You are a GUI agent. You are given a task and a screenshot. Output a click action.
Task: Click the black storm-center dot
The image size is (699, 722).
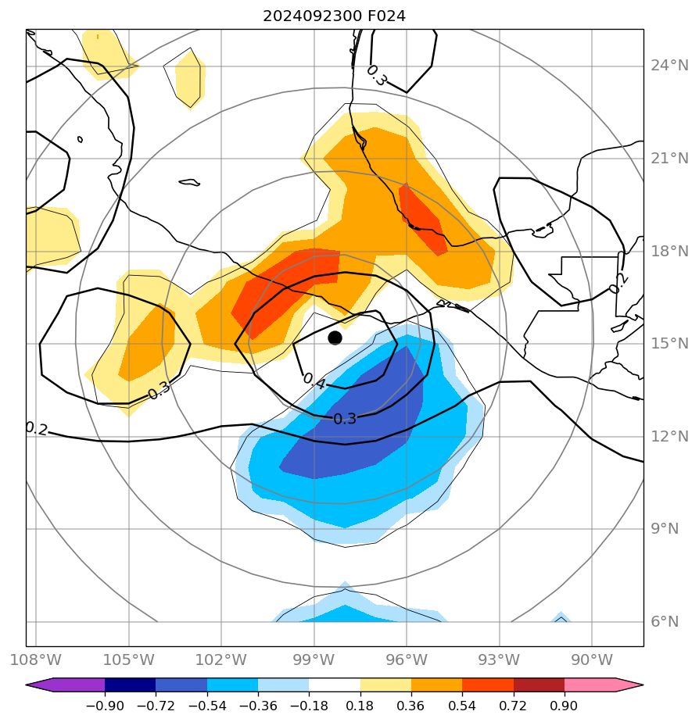click(335, 338)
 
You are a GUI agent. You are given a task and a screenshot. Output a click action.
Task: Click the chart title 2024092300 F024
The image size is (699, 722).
click(334, 16)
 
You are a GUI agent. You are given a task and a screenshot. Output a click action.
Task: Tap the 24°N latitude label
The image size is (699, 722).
click(669, 65)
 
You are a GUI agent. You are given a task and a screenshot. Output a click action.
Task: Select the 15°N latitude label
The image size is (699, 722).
click(669, 344)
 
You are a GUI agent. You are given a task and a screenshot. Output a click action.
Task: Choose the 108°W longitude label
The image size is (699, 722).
click(36, 659)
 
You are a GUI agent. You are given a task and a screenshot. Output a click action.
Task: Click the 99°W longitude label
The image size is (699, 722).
click(314, 659)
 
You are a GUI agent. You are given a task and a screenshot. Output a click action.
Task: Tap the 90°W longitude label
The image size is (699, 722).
click(591, 659)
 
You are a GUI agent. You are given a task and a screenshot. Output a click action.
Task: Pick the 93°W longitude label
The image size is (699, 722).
click(499, 659)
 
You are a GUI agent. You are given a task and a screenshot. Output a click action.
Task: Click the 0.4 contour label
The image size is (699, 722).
click(314, 381)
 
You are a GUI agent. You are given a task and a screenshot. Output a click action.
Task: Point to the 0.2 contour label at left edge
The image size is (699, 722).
click(36, 428)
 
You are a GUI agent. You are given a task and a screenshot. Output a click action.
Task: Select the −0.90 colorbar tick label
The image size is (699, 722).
click(105, 706)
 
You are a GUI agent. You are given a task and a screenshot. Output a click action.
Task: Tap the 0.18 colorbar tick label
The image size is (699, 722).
click(360, 706)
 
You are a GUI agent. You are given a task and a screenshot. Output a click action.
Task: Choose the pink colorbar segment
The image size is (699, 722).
click(590, 685)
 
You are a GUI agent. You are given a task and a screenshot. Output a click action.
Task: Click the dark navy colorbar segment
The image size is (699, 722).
click(130, 685)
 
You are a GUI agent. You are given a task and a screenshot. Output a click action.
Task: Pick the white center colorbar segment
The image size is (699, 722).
click(335, 685)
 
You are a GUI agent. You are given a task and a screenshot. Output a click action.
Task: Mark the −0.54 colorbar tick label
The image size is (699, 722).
click(206, 706)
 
